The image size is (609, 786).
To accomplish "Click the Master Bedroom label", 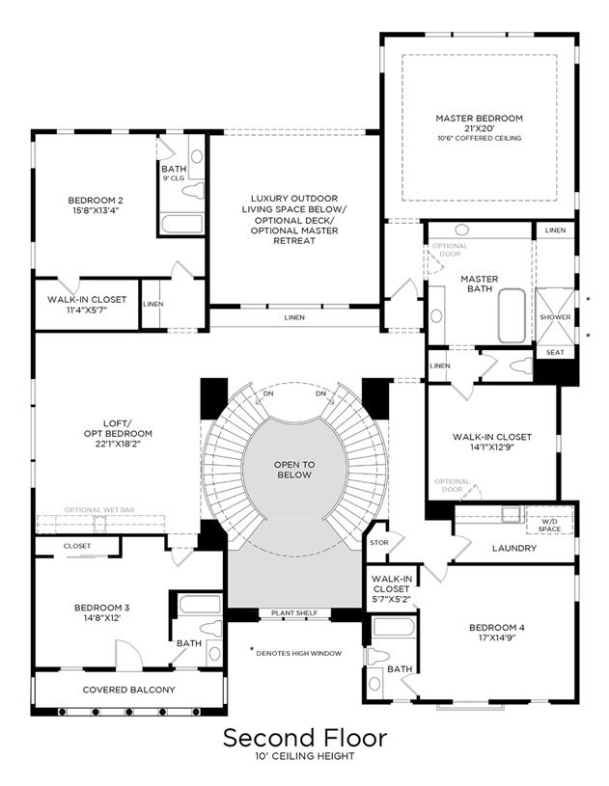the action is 479,119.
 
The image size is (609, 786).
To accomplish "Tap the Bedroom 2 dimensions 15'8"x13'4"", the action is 96,210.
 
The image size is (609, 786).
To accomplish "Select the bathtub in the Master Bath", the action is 512,315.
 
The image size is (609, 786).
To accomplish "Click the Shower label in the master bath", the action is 555,317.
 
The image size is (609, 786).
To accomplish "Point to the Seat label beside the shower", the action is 555,352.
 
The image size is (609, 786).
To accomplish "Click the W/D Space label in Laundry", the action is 549,526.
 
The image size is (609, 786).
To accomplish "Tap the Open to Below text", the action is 294,470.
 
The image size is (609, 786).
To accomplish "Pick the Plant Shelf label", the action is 294,613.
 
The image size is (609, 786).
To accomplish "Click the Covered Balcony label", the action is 129,690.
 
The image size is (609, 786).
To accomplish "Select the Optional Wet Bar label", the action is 99,510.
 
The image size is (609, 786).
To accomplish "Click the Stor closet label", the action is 379,542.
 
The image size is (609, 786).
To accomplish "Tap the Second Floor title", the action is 305,738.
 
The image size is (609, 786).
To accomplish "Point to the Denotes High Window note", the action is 299,653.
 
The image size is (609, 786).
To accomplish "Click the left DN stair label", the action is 268,393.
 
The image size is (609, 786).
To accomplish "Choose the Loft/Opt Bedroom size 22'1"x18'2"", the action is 118,444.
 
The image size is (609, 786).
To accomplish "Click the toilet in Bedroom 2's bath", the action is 193,191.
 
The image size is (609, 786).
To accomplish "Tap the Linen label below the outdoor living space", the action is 294,317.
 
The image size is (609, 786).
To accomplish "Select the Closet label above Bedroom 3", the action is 77,546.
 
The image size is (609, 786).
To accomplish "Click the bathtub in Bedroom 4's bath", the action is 395,627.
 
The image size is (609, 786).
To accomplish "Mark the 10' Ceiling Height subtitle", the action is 305,756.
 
